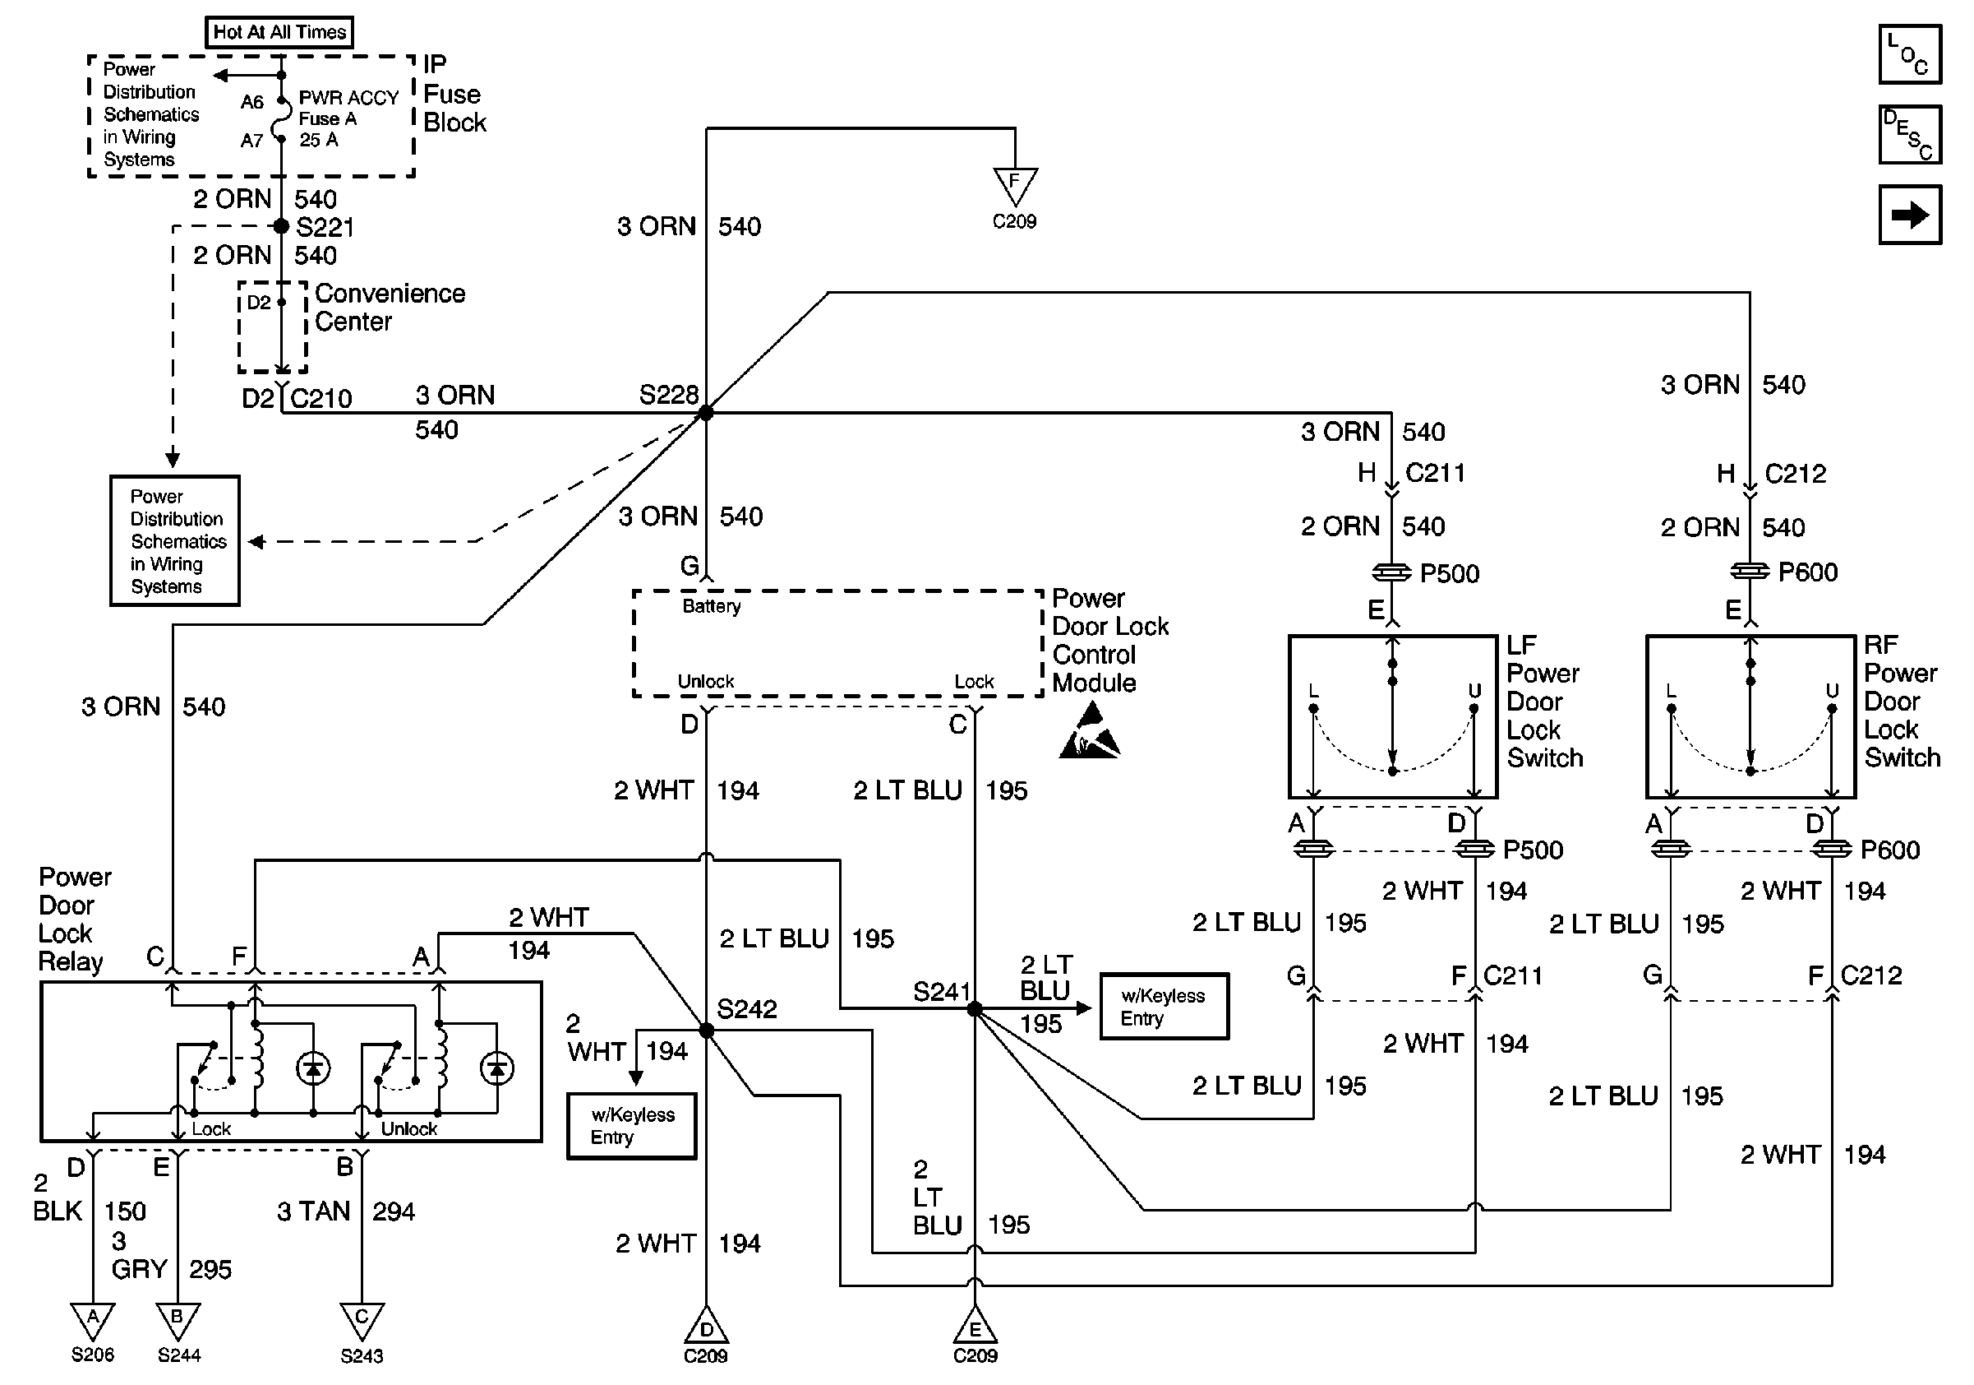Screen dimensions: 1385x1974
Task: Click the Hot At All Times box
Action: click(279, 33)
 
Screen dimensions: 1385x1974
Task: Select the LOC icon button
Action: click(1910, 55)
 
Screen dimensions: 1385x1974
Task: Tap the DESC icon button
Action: click(1910, 134)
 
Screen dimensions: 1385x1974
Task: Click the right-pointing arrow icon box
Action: click(1910, 215)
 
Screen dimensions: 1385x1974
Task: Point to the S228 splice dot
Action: click(706, 413)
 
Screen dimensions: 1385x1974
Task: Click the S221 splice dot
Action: click(281, 226)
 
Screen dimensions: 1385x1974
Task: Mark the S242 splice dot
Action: click(706, 1031)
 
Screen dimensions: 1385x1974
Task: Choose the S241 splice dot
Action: click(974, 1008)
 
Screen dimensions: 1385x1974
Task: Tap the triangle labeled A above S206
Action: click(92, 1321)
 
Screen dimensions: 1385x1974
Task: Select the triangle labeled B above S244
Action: click(178, 1321)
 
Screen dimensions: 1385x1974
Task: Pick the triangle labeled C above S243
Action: click(362, 1321)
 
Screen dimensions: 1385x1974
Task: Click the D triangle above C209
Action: click(706, 1327)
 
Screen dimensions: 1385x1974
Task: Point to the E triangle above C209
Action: click(975, 1327)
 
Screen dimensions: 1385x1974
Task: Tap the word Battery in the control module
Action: click(711, 606)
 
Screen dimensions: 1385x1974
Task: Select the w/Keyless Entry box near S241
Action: click(1165, 1007)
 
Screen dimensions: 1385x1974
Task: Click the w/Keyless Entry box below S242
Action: click(632, 1126)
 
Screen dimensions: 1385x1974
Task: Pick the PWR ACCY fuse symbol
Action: click(280, 120)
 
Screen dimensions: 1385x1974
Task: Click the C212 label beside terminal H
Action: click(1795, 474)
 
